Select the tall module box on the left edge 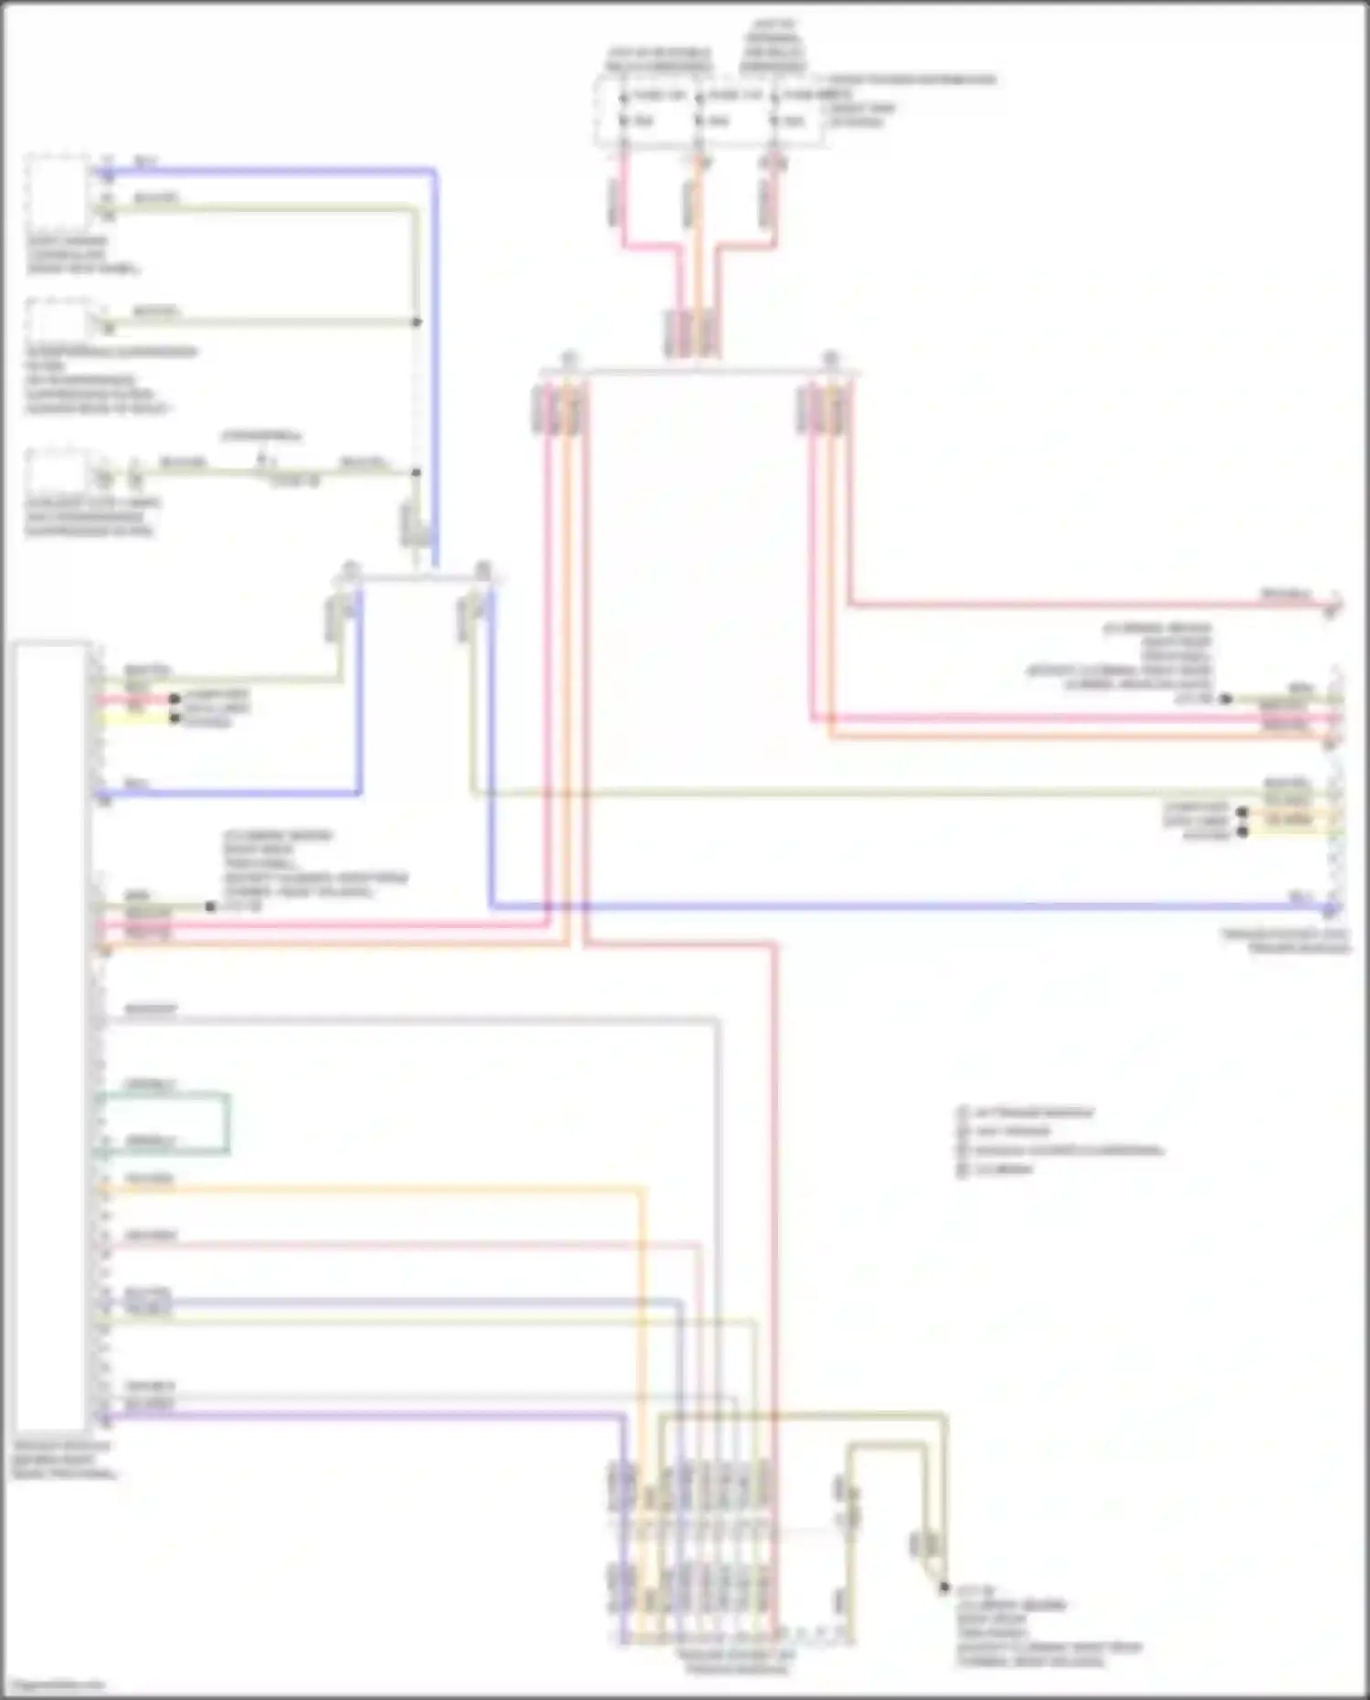[x=51, y=1037]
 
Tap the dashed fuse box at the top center [x=709, y=111]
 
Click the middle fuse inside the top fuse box [x=699, y=109]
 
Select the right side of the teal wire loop [x=228, y=1123]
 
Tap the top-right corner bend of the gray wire [x=717, y=1020]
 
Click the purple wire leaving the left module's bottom [x=365, y=1417]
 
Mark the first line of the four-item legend [x=1032, y=1114]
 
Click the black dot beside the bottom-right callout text [x=945, y=1588]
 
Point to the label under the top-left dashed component [x=82, y=255]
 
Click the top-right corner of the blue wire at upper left [x=435, y=171]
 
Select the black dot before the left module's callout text [x=211, y=907]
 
